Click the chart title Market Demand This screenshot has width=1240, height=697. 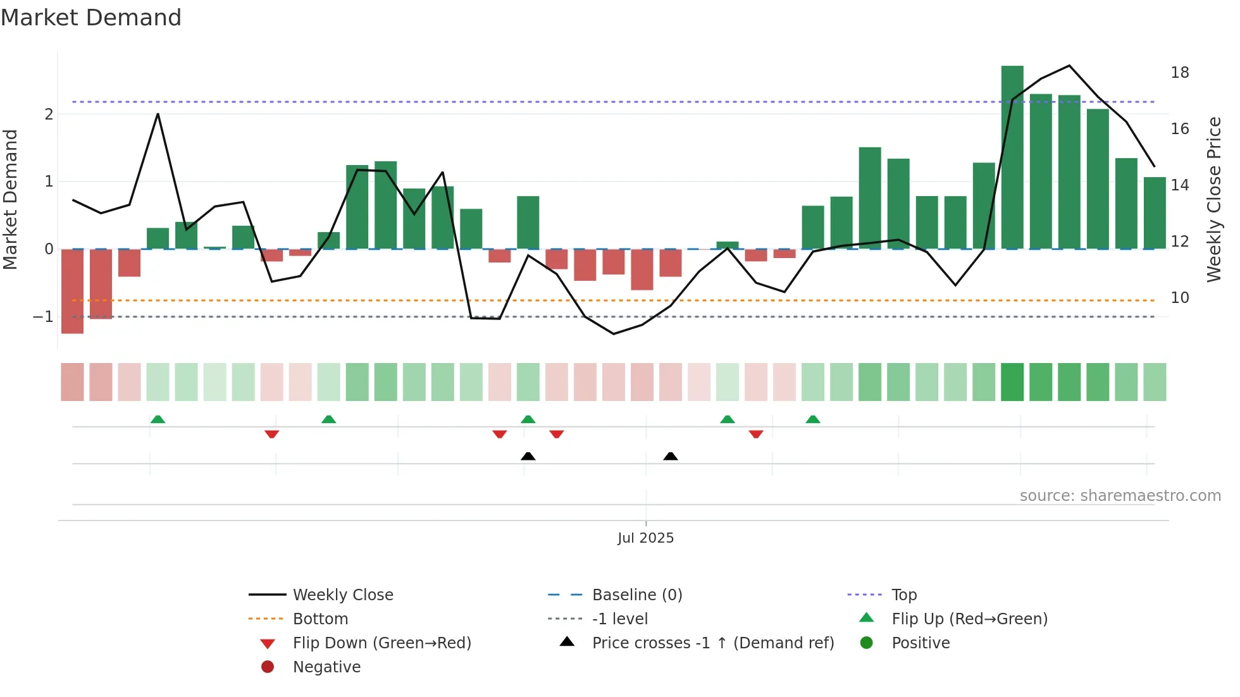pyautogui.click(x=91, y=18)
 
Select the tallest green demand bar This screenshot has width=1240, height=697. pyautogui.click(x=1012, y=158)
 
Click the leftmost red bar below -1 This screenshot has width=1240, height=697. pyautogui.click(x=72, y=291)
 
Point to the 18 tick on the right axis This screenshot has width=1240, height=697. pyautogui.click(x=1180, y=73)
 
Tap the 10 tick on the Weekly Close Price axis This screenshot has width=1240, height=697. pyautogui.click(x=1180, y=298)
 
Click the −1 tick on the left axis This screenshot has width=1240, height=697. pyautogui.click(x=43, y=317)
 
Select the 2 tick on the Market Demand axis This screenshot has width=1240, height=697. pyautogui.click(x=49, y=114)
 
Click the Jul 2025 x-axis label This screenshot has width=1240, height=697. pyautogui.click(x=645, y=538)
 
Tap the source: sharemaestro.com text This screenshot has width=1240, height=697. pyautogui.click(x=1120, y=496)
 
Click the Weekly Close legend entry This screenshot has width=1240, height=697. pyautogui.click(x=342, y=595)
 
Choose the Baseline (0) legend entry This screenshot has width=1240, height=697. pyautogui.click(x=636, y=595)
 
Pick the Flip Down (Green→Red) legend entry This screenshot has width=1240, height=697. pyautogui.click(x=381, y=643)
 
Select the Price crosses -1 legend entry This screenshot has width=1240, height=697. pyautogui.click(x=712, y=643)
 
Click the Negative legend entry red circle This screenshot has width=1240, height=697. pyautogui.click(x=268, y=667)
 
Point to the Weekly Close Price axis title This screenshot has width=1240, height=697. pyautogui.click(x=1213, y=199)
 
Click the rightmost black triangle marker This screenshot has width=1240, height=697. pyautogui.click(x=671, y=456)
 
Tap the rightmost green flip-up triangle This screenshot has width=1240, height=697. pyautogui.click(x=813, y=419)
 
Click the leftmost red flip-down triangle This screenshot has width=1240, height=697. pyautogui.click(x=272, y=434)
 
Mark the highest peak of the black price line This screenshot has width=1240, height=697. pyautogui.click(x=1069, y=66)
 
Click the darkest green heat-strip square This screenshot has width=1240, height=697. pyautogui.click(x=1012, y=382)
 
